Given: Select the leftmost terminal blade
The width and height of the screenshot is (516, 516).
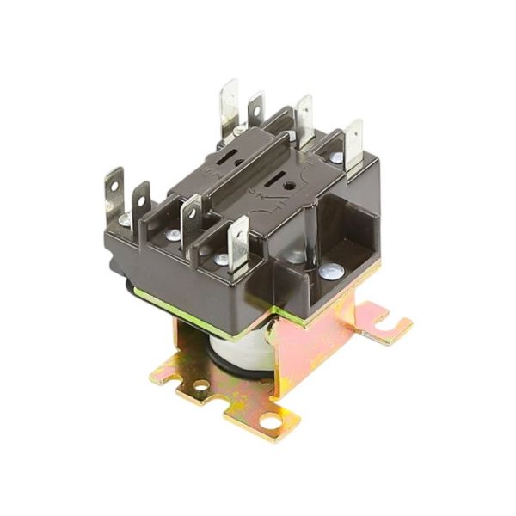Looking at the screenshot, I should pyautogui.click(x=114, y=191).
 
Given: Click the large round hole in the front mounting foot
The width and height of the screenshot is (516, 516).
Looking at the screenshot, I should pyautogui.click(x=271, y=421).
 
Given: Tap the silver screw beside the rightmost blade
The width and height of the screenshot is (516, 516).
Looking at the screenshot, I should pyautogui.click(x=336, y=158).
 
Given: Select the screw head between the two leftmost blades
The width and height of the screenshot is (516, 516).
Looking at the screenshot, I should pyautogui.click(x=126, y=221).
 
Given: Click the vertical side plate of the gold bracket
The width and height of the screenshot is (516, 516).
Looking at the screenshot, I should pyautogui.click(x=318, y=344).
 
